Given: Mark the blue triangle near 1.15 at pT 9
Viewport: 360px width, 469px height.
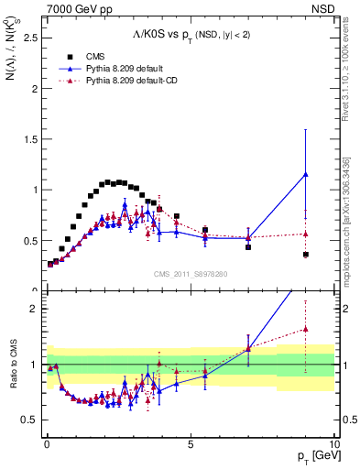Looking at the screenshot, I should (305, 174).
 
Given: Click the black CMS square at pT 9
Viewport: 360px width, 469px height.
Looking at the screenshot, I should (305, 254).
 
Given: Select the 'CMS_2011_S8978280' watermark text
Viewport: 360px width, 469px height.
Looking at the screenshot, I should (190, 273).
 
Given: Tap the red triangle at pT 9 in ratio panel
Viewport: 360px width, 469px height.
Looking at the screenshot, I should (305, 329).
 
